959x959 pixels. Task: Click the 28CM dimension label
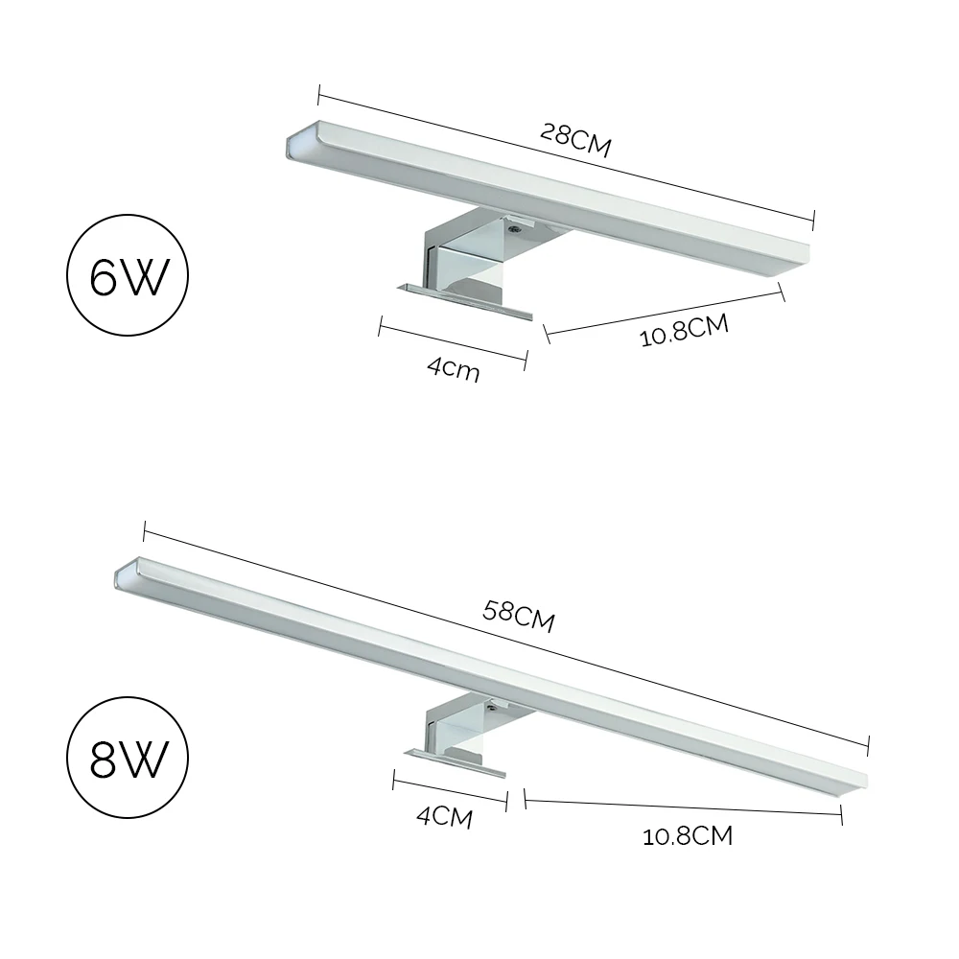pyautogui.click(x=575, y=141)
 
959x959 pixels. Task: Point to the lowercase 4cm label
pyautogui.click(x=454, y=368)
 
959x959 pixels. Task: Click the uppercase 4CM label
pyautogui.click(x=444, y=817)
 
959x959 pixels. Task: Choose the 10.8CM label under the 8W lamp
pyautogui.click(x=688, y=835)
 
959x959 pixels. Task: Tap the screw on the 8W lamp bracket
pyautogui.click(x=492, y=704)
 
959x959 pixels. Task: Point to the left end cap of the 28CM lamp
pyautogui.click(x=296, y=144)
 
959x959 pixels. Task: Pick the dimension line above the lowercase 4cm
pyautogui.click(x=454, y=344)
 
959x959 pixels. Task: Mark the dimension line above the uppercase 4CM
pyautogui.click(x=449, y=791)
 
